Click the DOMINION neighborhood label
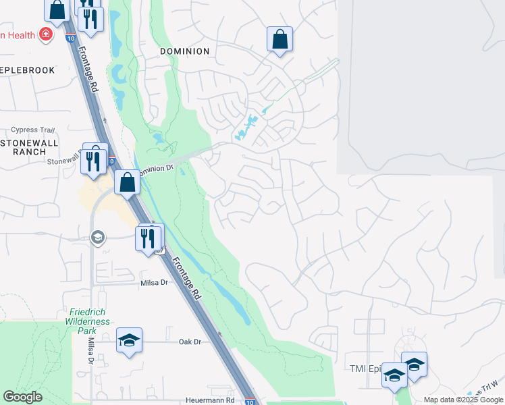tap(184, 51)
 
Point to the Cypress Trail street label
tap(32, 130)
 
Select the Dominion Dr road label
tap(157, 169)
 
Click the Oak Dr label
tap(190, 342)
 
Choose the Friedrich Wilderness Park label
tap(90, 317)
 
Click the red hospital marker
tap(45, 34)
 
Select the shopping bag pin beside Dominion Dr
tap(127, 182)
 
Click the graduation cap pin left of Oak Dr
tap(129, 340)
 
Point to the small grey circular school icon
tap(98, 237)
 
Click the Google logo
tap(23, 397)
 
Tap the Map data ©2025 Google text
tap(463, 400)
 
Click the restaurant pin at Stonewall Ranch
tap(94, 159)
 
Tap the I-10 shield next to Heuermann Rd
tap(250, 402)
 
